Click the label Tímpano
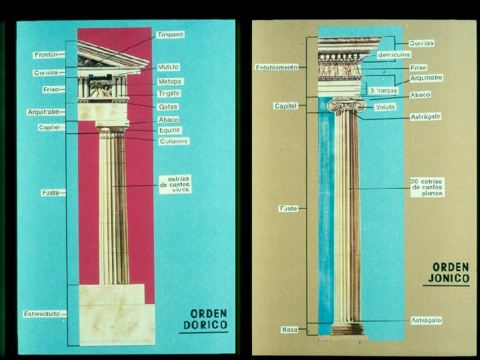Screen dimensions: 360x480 170,34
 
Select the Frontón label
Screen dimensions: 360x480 45,55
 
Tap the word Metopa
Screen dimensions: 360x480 170,81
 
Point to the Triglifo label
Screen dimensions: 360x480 170,94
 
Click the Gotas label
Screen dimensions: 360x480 168,107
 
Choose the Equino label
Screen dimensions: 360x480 169,130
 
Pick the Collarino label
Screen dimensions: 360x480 173,141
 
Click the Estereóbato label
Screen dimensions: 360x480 41,313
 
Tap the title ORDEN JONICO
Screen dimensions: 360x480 446,273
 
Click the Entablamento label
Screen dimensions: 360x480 276,67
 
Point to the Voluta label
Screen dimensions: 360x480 385,107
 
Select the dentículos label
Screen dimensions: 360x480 393,54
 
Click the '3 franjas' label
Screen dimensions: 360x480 383,90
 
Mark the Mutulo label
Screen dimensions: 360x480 168,67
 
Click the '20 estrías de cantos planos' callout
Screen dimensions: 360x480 427,187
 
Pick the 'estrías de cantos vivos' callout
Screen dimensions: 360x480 175,184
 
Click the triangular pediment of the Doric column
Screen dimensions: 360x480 107,56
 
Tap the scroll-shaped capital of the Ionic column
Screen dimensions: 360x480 347,105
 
